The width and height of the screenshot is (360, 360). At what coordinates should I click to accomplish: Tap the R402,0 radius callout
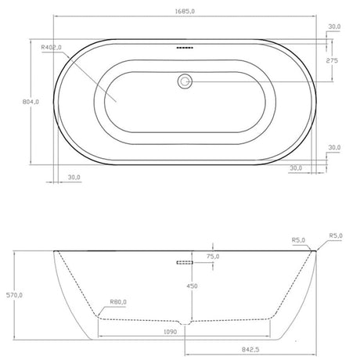click(52, 49)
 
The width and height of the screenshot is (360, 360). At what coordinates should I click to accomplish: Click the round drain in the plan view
click(185, 80)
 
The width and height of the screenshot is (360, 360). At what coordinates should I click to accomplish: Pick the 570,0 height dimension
click(11, 295)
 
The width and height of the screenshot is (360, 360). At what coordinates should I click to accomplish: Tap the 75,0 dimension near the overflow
click(213, 256)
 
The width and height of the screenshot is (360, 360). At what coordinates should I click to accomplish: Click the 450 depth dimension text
click(191, 286)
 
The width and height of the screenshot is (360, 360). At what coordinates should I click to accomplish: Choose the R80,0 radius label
click(120, 301)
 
